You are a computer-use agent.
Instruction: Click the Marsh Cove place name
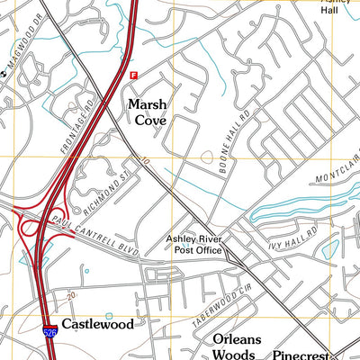tap(147, 112)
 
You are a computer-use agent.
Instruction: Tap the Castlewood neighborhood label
tap(97, 324)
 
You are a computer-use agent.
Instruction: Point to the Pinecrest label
tap(302, 355)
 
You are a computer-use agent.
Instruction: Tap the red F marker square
tap(134, 76)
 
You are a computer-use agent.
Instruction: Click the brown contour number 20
tap(69, 294)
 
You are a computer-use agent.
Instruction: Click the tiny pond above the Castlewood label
tap(110, 315)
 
